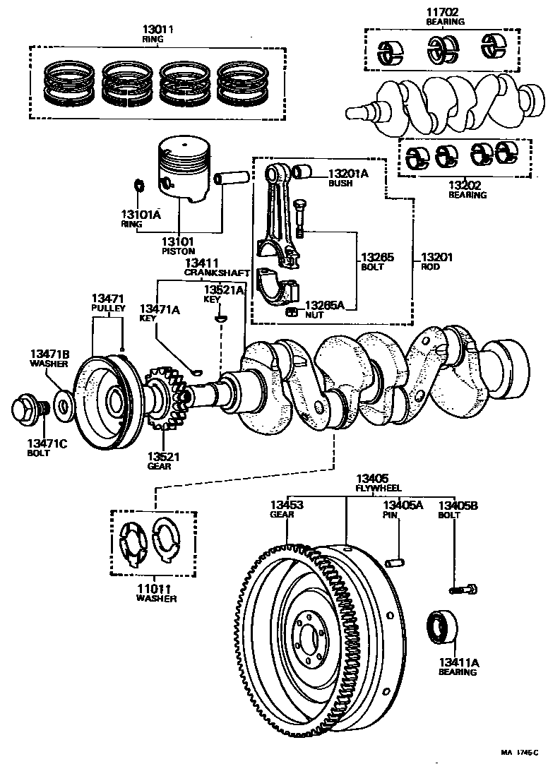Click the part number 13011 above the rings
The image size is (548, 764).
157,30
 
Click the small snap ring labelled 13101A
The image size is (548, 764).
138,185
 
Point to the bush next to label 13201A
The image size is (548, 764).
302,172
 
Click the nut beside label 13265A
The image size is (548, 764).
292,312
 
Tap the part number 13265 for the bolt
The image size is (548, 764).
377,257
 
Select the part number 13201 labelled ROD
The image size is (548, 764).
436,257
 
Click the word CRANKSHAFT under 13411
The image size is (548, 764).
217,273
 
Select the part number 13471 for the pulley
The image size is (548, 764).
108,299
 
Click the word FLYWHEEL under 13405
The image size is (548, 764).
379,488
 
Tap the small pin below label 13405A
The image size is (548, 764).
395,563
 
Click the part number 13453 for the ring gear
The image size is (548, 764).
287,505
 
